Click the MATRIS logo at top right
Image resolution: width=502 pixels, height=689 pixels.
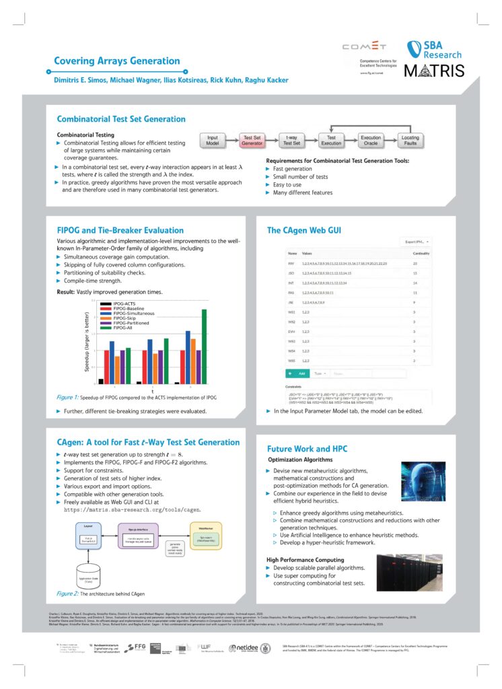(434, 71)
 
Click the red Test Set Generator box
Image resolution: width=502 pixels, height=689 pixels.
(252, 139)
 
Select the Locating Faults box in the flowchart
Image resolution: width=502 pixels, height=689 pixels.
(410, 139)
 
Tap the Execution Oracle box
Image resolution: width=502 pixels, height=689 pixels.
(371, 139)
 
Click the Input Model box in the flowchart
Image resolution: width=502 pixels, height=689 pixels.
(212, 139)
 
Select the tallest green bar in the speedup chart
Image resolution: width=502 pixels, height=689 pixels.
(204, 347)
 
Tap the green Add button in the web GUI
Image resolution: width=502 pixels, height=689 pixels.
(297, 373)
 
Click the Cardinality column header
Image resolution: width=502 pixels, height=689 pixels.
(421, 254)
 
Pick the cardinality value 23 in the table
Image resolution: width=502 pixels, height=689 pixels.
(415, 264)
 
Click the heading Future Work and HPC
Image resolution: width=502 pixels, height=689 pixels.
(307, 448)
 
